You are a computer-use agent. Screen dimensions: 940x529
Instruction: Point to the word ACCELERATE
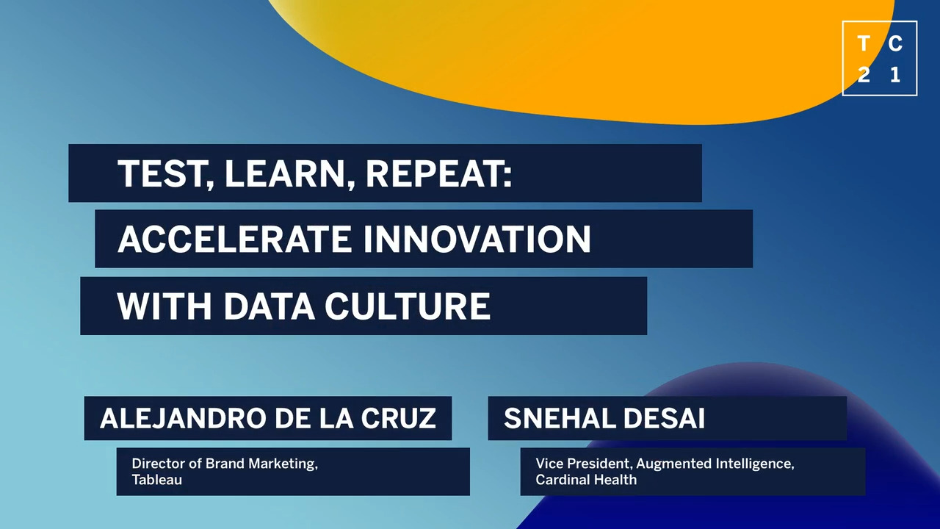[x=234, y=239]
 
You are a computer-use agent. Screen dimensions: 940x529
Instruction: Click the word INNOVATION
[x=477, y=239]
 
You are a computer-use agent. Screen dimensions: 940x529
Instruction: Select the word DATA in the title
[x=269, y=306]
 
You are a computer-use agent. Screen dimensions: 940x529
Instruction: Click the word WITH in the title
[x=164, y=306]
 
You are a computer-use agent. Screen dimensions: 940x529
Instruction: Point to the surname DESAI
[x=664, y=418]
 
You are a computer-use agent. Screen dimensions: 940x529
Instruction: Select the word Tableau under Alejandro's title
[x=157, y=480]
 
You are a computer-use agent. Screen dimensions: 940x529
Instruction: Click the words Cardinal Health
[x=586, y=480]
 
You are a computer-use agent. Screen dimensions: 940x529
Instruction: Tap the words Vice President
[x=582, y=464]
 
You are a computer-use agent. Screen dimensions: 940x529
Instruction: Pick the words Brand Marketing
[x=260, y=464]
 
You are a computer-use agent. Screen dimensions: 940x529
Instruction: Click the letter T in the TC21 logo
[x=863, y=43]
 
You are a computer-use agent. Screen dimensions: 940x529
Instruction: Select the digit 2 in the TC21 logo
[x=863, y=75]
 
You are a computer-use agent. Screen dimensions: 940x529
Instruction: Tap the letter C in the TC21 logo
[x=895, y=43]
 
